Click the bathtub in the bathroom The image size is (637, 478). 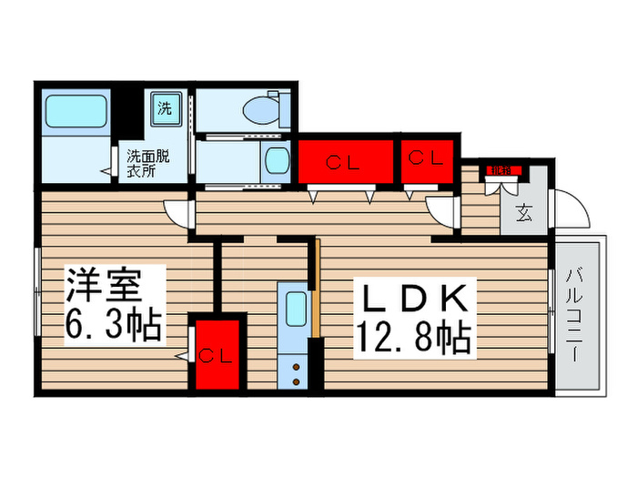76,112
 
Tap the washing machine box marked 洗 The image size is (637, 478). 165,107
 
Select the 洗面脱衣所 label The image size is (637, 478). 147,162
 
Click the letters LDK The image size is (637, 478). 415,299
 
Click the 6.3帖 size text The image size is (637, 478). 113,323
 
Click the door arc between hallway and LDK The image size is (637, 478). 443,212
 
